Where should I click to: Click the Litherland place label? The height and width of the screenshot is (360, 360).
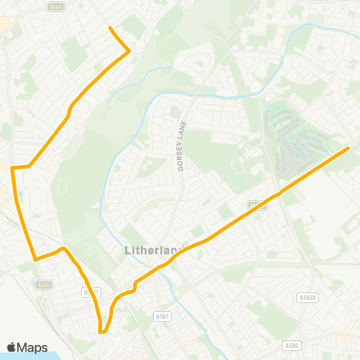tap(150, 251)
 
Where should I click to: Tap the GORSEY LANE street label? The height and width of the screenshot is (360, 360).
tap(181, 145)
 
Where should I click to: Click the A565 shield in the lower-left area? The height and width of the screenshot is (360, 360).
tap(43, 284)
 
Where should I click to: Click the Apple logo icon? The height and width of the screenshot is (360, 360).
tap(12, 347)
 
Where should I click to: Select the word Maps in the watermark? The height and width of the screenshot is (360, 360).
tap(32, 347)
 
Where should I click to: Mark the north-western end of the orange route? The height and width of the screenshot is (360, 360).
tap(110, 28)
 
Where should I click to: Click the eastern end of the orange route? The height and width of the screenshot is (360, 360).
tap(349, 148)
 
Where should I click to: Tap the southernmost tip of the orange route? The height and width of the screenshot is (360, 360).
tap(102, 331)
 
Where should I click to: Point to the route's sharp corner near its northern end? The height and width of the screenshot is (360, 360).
tap(130, 51)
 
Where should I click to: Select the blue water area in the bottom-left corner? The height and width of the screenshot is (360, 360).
tap(15, 315)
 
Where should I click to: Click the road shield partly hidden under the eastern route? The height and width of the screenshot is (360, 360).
tap(258, 204)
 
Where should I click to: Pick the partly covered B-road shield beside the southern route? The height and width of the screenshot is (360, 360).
tap(91, 291)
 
